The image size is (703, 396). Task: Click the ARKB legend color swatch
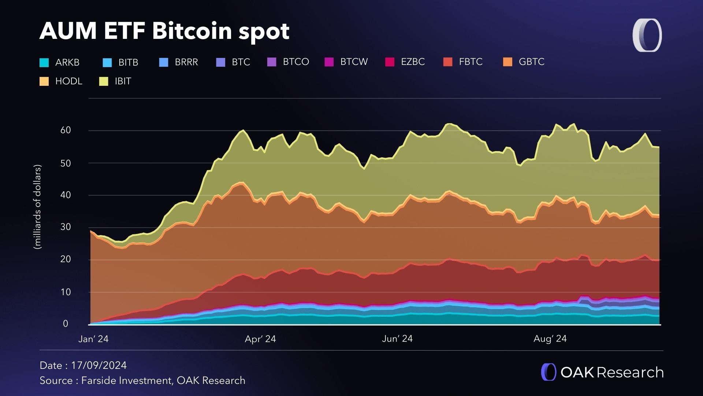coord(44,63)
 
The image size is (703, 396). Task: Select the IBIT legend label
coord(123,81)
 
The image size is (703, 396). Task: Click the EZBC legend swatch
coord(390,62)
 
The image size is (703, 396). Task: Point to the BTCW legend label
coord(354,62)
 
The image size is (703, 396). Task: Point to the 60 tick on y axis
coord(66,130)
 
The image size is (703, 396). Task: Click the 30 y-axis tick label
coord(66,227)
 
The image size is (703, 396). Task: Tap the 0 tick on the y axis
coord(66,324)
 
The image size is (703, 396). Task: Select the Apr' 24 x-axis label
coord(260,339)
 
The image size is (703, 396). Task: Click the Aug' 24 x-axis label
coord(550,339)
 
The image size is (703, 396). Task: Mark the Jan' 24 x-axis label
coord(93,339)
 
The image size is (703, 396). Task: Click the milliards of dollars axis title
coord(38,207)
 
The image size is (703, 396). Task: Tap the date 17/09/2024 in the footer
coord(99,366)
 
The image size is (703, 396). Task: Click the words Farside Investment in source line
coord(126,381)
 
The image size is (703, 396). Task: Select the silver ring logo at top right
coord(647,35)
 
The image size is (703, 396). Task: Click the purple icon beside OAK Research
coord(548,372)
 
